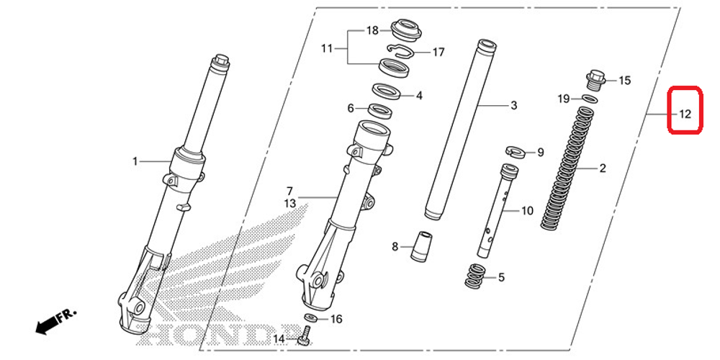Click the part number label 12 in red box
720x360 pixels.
pos(685,113)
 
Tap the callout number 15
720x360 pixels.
pos(624,81)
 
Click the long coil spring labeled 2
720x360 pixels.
pos(570,170)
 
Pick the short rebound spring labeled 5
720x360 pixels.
pos(476,276)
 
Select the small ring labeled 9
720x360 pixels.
pos(513,151)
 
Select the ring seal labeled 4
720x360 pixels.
pos(387,92)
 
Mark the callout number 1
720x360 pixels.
pos(135,161)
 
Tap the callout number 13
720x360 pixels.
pos(289,204)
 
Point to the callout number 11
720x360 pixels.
pos(327,49)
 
